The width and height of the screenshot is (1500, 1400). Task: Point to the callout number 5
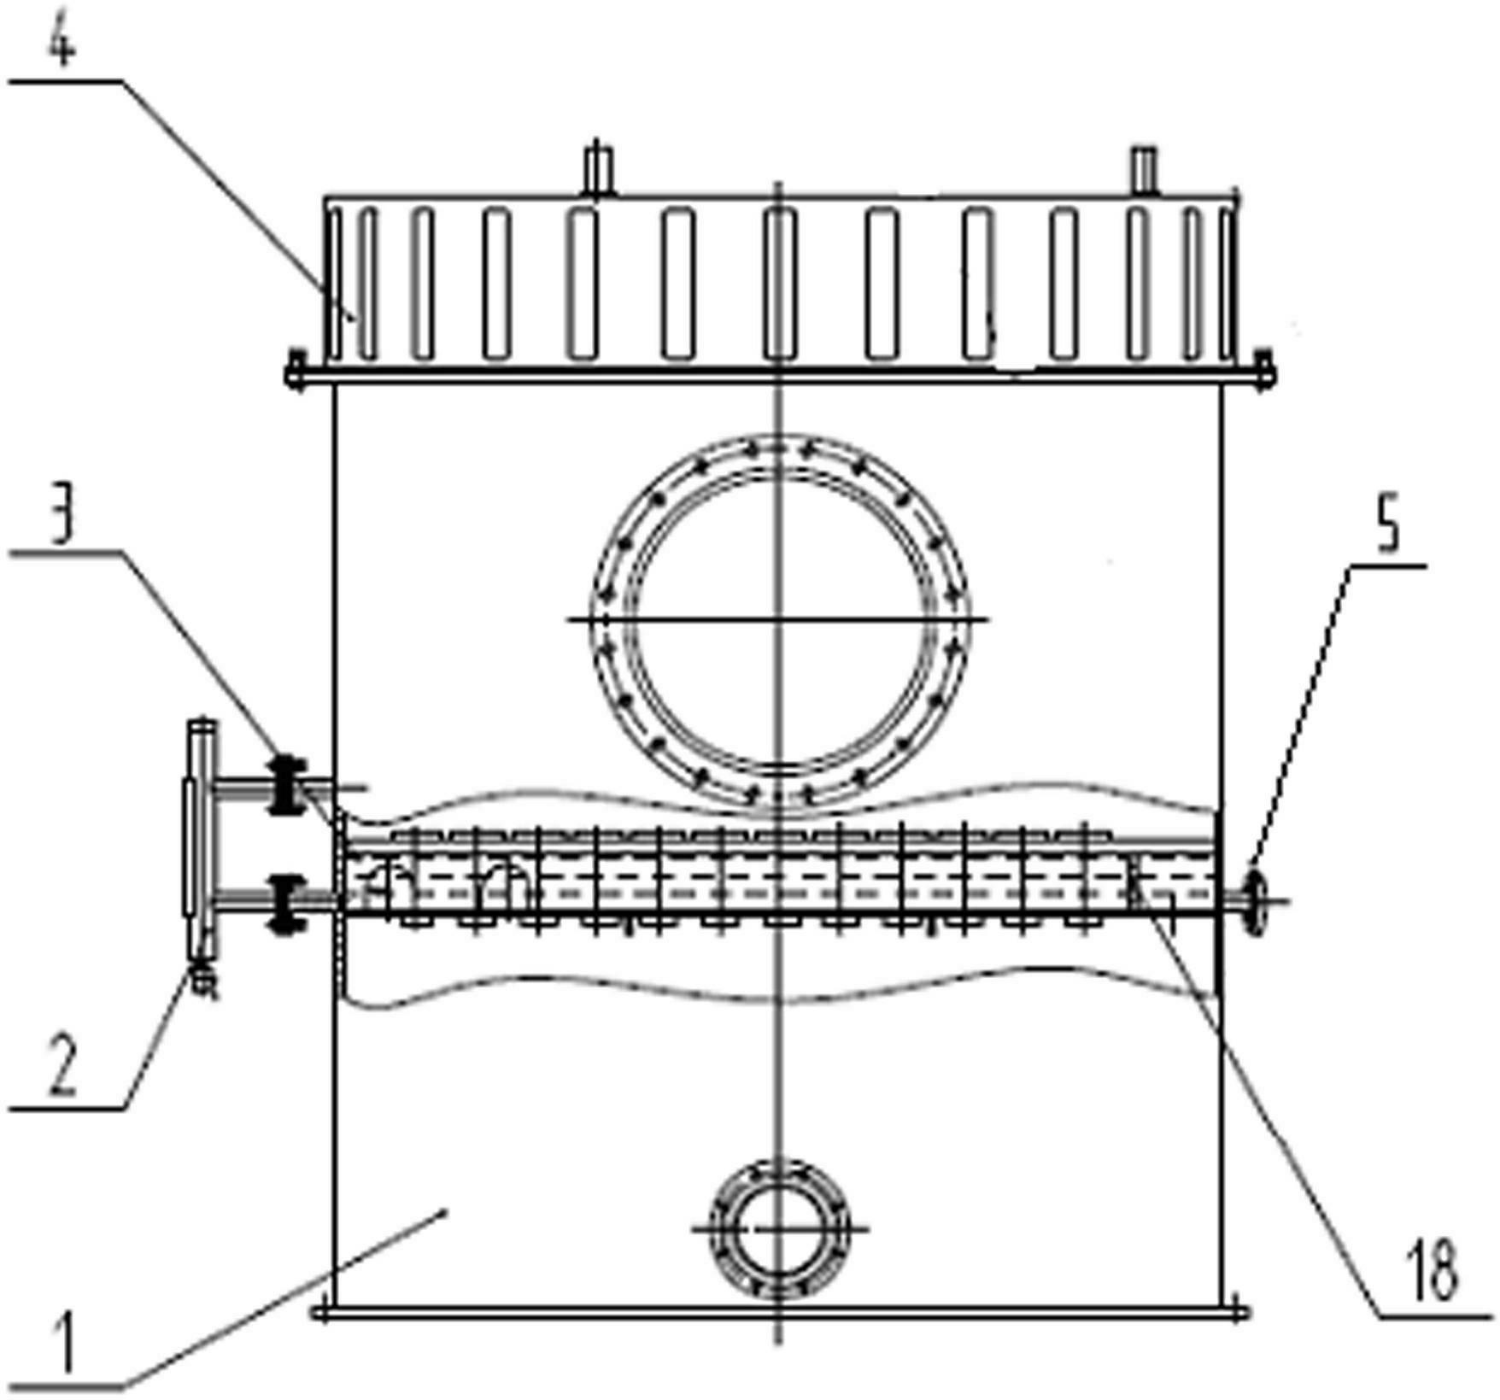point(1390,528)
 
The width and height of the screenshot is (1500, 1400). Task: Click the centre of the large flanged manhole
point(778,618)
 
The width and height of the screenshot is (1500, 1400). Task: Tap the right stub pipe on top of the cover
point(1143,169)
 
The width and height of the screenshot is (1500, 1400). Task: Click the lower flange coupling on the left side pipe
point(288,902)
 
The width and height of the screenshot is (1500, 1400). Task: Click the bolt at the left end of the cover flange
point(296,371)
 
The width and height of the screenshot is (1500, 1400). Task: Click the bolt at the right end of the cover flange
point(1262,370)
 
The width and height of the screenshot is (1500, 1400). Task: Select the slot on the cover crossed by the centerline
point(778,284)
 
